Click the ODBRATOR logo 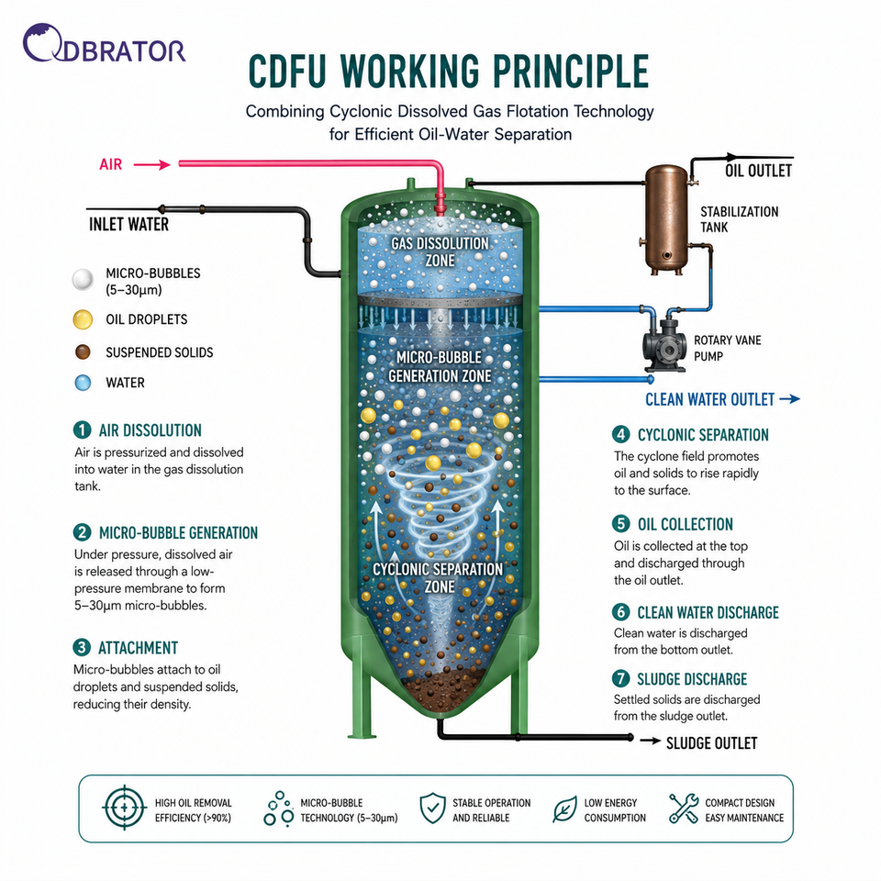pyautogui.click(x=104, y=43)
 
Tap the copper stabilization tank pyautogui.click(x=666, y=219)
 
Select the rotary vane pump pyautogui.click(x=665, y=344)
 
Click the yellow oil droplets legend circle pyautogui.click(x=83, y=319)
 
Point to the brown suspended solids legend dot pyautogui.click(x=83, y=352)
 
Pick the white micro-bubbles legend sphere pyautogui.click(x=83, y=279)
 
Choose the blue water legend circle pyautogui.click(x=83, y=383)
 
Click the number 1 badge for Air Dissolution pyautogui.click(x=82, y=430)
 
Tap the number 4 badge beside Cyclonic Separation pyautogui.click(x=621, y=434)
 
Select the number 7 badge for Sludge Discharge pyautogui.click(x=621, y=679)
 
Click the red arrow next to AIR pyautogui.click(x=151, y=164)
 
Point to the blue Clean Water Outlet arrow pyautogui.click(x=789, y=399)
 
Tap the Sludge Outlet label pyautogui.click(x=711, y=743)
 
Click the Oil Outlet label pyautogui.click(x=758, y=171)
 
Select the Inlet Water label pyautogui.click(x=128, y=225)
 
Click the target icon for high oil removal pyautogui.click(x=124, y=808)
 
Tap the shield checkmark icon pyautogui.click(x=432, y=809)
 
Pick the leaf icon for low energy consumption pyautogui.click(x=564, y=809)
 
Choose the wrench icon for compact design pyautogui.click(x=684, y=809)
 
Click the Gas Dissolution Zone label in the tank pyautogui.click(x=440, y=251)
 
